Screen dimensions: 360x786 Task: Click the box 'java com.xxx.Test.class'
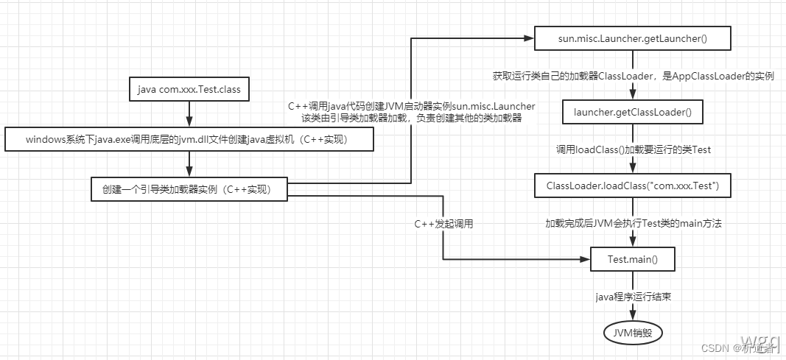[189, 90]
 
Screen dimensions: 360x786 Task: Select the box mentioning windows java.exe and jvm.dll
[190, 139]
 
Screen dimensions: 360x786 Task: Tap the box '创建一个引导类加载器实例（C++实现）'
[189, 189]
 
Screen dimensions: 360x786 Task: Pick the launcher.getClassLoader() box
[633, 113]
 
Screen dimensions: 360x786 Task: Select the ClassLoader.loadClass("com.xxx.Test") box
[633, 186]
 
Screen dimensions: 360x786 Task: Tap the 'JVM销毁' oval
[633, 333]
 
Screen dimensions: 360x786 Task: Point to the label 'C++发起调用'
[443, 223]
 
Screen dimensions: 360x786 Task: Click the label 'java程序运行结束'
[633, 297]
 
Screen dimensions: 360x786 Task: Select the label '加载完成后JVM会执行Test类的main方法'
[633, 223]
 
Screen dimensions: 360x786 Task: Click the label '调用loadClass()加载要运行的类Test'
[633, 149]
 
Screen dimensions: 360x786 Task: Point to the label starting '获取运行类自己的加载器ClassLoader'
[633, 76]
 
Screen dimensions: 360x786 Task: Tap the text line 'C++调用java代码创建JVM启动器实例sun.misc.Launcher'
[411, 107]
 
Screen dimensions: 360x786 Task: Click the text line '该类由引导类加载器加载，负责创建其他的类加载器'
[411, 118]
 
